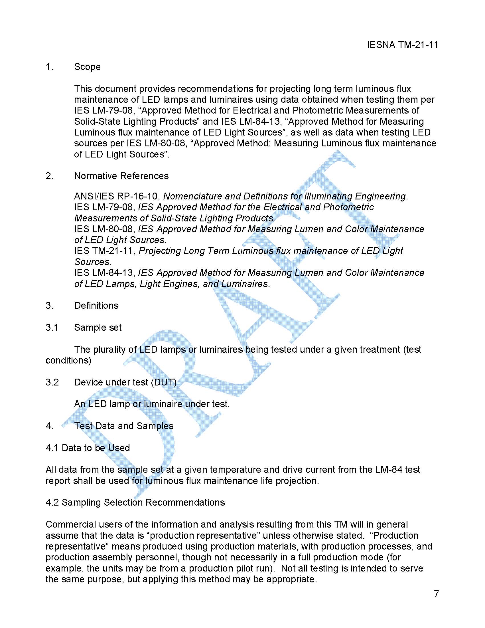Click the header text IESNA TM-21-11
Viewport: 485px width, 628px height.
[x=402, y=45]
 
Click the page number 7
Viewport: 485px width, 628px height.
[x=436, y=594]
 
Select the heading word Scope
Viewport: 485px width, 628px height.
[x=87, y=67]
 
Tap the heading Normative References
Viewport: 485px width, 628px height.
[x=121, y=176]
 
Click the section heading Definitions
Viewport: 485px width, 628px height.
[x=96, y=305]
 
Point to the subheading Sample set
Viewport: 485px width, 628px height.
[x=98, y=328]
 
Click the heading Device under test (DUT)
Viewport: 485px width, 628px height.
[x=125, y=382]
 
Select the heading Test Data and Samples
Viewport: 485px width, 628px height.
[x=123, y=426]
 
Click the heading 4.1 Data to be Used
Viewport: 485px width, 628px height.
[x=88, y=448]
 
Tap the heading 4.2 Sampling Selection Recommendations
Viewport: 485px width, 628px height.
[x=135, y=502]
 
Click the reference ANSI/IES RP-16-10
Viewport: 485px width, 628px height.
[x=116, y=196]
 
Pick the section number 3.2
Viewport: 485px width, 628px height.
[x=52, y=382]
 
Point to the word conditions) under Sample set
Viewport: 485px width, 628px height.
[x=68, y=360]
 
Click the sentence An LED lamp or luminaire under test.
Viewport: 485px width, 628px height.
[x=152, y=404]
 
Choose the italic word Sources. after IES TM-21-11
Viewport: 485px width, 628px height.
[x=92, y=262]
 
